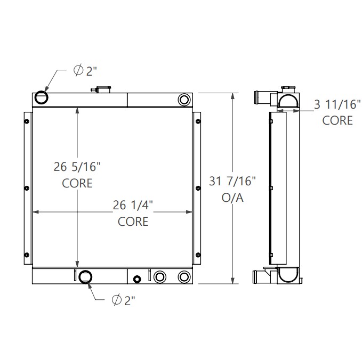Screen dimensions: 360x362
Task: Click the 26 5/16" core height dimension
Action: (x=77, y=167)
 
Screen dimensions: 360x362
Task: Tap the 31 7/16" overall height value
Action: (x=232, y=182)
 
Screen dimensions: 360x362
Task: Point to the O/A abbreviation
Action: (x=232, y=198)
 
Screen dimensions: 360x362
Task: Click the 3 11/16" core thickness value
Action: (x=336, y=105)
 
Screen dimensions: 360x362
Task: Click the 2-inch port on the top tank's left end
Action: (x=41, y=97)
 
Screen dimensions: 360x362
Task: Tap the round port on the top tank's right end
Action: (x=184, y=99)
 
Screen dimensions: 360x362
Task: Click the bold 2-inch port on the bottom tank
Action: (x=85, y=277)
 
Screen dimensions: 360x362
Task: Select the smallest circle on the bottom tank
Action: (x=138, y=279)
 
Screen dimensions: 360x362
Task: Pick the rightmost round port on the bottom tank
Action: (x=184, y=276)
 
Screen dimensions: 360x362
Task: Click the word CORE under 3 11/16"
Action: (x=337, y=120)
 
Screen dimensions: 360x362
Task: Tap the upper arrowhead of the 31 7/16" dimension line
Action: (x=232, y=96)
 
